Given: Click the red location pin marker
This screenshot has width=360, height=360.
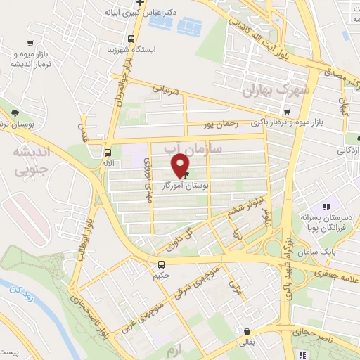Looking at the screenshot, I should (181, 165).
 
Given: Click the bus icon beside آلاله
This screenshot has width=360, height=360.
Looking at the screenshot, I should (108, 152).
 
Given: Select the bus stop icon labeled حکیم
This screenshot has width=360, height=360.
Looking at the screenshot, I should (162, 264).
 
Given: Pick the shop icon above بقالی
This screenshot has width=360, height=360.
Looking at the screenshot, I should (246, 332).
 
